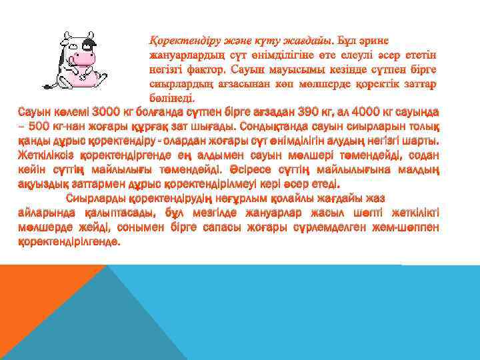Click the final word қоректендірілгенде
[69, 242]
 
